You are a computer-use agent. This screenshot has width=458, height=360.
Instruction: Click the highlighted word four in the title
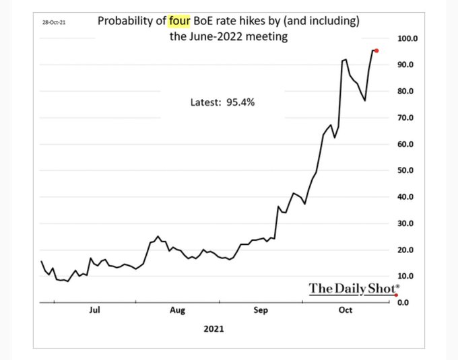click(x=180, y=21)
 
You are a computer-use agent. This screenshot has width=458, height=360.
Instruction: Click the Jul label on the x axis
click(x=94, y=310)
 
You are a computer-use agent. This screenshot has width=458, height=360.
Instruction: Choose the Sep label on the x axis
click(x=261, y=310)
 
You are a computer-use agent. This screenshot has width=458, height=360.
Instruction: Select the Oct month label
click(x=345, y=310)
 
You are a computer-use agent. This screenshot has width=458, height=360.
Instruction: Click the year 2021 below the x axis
click(x=213, y=330)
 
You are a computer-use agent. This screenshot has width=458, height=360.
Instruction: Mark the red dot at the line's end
click(x=376, y=50)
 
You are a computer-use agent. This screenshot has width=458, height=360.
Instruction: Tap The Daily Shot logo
click(x=352, y=288)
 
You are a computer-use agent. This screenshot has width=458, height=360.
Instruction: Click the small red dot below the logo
click(x=396, y=295)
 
